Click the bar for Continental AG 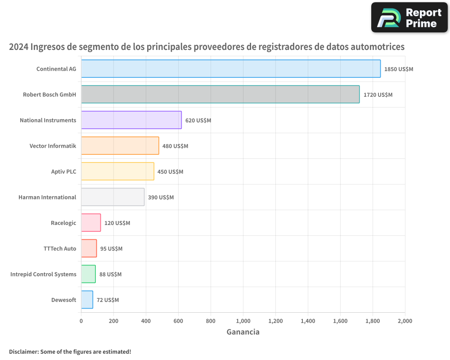point(231,69)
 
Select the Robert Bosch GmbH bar point(220,94)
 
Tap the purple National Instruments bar point(131,120)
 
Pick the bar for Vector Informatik point(120,146)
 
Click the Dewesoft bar point(87,300)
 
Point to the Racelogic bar point(91,223)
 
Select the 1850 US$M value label point(398,69)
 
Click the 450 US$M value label point(170,172)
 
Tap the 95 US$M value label point(111,249)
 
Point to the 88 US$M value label point(110,274)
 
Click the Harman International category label point(47,197)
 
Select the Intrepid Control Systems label point(43,274)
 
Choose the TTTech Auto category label point(60,248)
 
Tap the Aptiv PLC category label point(63,171)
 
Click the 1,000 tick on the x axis point(243,321)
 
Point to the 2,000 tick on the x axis point(405,321)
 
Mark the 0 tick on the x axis point(81,321)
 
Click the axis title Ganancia point(243,332)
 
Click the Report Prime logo point(409,18)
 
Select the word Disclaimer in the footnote point(23,351)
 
